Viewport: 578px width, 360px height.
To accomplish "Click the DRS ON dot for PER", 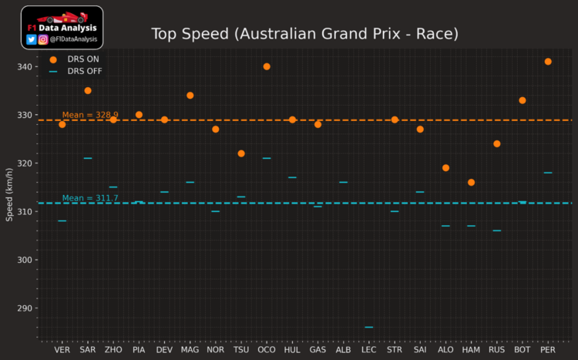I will (x=548, y=62).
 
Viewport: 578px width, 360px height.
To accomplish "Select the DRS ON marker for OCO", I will (x=267, y=66).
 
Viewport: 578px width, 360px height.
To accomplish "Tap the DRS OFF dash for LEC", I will (x=369, y=327).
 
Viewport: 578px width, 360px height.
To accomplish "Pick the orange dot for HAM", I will (x=471, y=183).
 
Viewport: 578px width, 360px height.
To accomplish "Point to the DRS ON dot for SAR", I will (x=88, y=91).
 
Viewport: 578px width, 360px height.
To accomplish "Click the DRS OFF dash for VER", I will (x=62, y=221).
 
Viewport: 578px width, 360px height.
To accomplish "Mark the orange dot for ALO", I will (x=445, y=168).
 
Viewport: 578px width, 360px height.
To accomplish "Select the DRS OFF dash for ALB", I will (x=343, y=183).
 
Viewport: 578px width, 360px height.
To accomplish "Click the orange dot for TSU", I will (x=241, y=153).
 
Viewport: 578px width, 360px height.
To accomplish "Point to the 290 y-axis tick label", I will (x=26, y=308).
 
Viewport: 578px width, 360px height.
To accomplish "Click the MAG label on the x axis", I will (x=190, y=349).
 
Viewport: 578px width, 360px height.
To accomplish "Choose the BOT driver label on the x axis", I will (x=522, y=349).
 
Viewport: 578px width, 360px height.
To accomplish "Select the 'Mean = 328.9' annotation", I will (x=90, y=115).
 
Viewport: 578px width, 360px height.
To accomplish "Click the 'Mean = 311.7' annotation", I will (x=90, y=198).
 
